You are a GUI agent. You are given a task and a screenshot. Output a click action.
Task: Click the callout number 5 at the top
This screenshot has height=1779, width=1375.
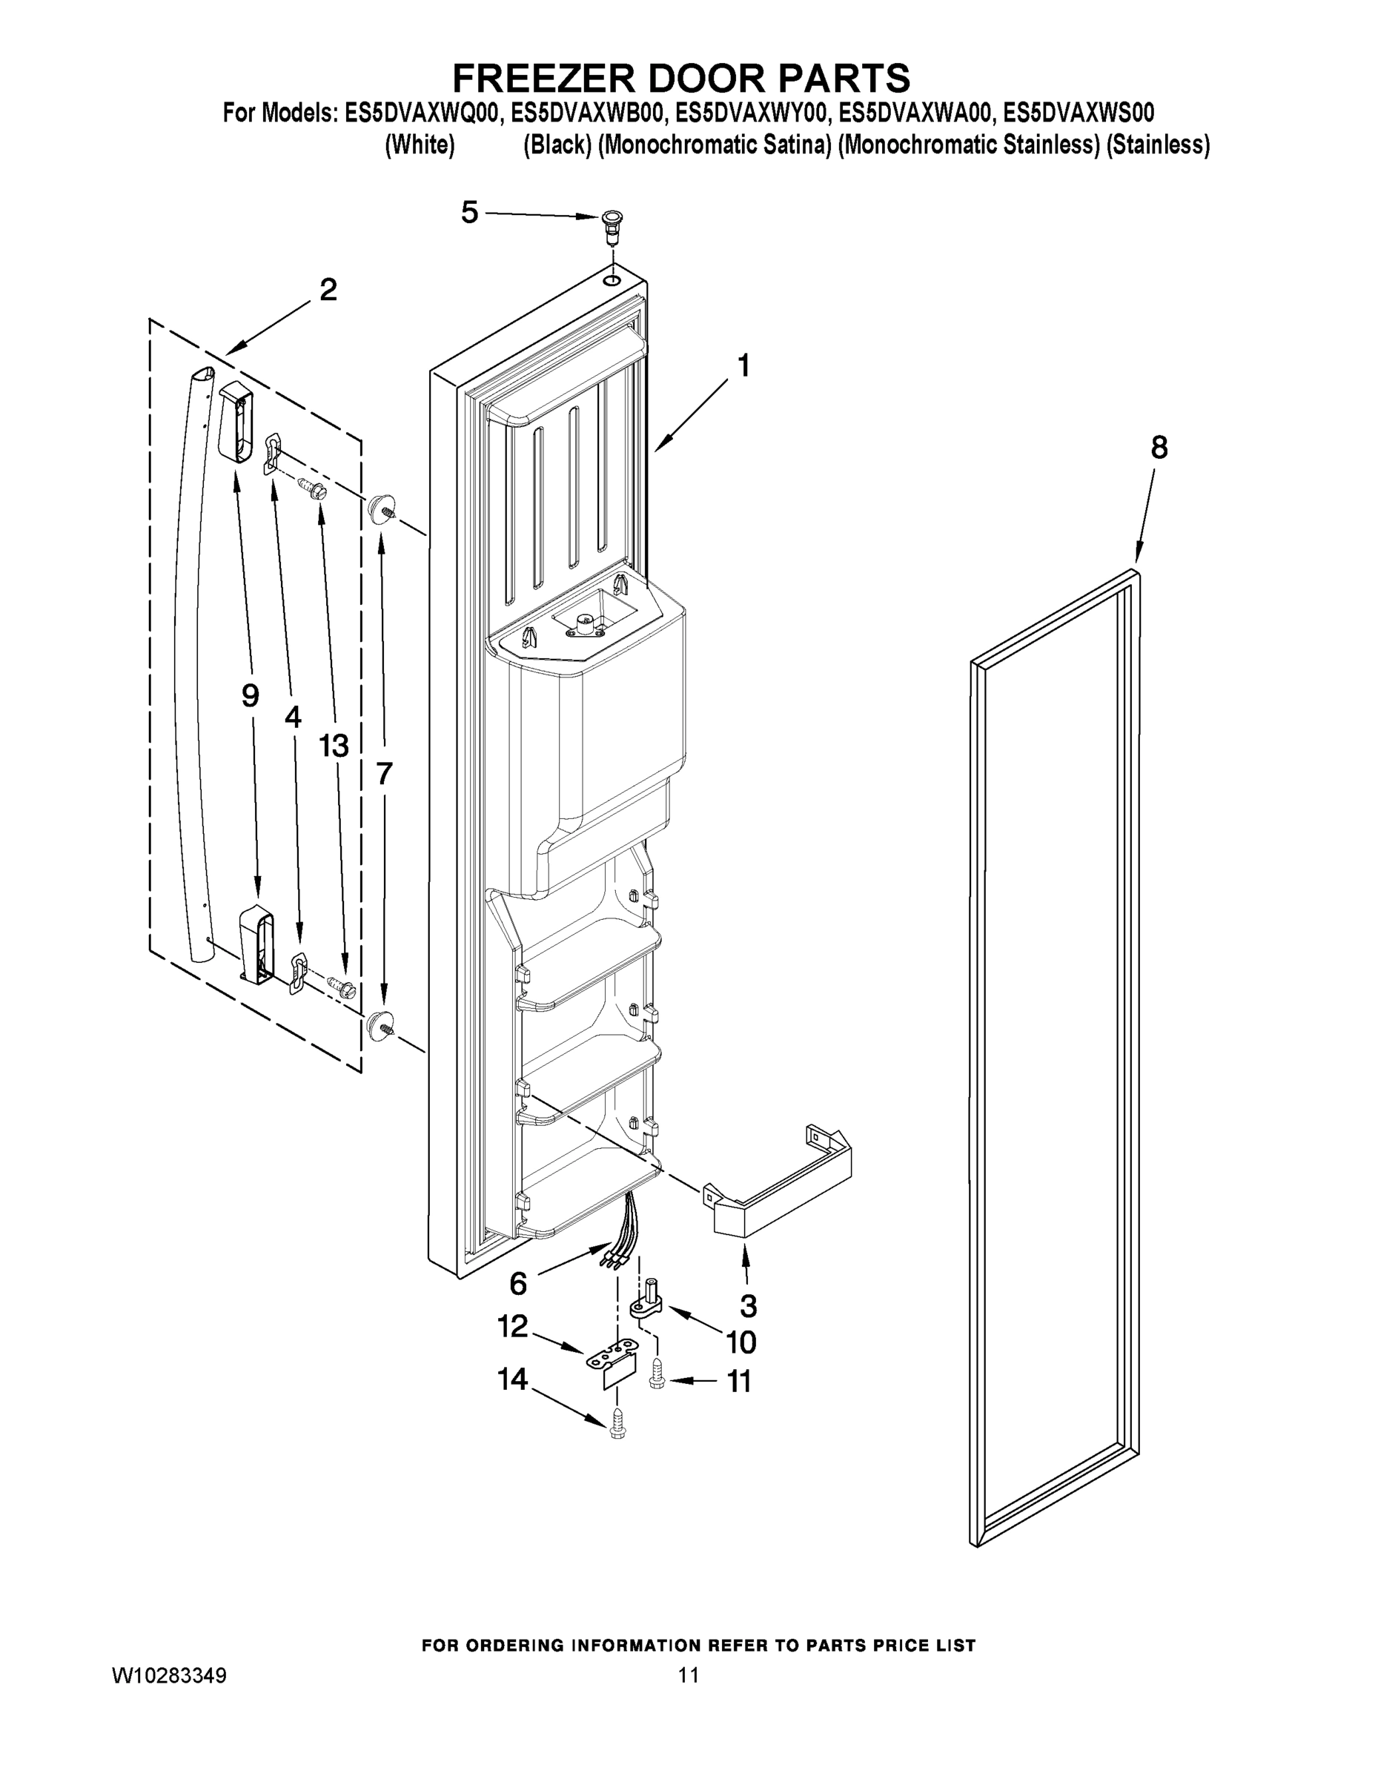(x=469, y=213)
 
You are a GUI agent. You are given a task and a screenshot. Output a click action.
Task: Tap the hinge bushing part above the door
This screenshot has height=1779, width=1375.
(x=611, y=222)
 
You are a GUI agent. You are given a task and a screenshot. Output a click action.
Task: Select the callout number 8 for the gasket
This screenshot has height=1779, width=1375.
(x=1159, y=447)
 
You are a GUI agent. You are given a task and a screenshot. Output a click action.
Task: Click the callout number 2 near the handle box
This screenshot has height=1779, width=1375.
(x=328, y=289)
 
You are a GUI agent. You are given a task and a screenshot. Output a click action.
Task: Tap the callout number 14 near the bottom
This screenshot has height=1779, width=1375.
(x=513, y=1379)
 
